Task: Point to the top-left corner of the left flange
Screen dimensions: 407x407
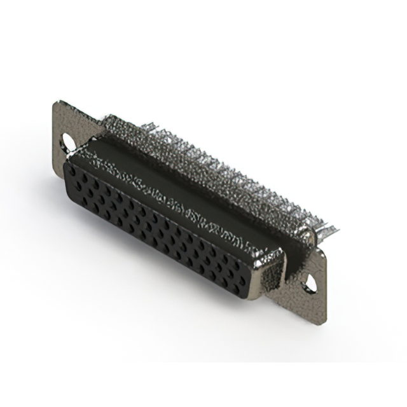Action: coord(56,102)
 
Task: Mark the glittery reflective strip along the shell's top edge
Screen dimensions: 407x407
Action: coord(172,191)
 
